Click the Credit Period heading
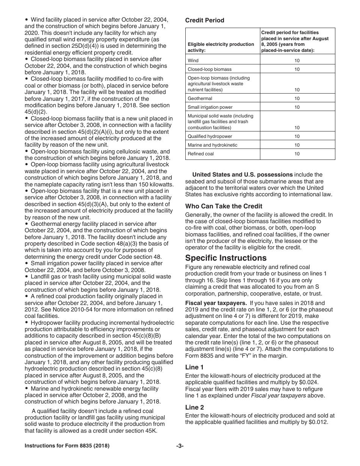[205, 20]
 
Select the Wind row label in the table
[193, 61]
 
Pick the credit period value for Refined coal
[297, 154]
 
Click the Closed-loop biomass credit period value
[297, 69]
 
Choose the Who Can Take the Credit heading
[224, 206]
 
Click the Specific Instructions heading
[226, 258]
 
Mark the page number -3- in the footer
[180, 446]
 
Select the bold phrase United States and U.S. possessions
[243, 175]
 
